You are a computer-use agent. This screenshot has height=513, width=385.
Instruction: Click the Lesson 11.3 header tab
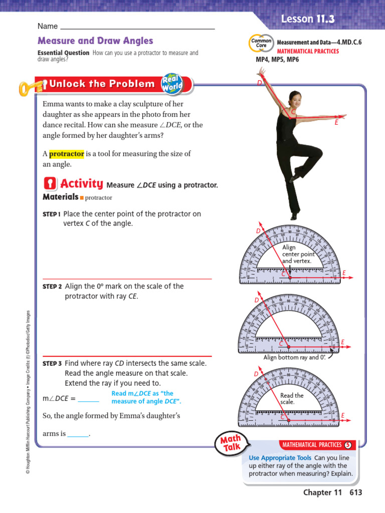[x=307, y=20]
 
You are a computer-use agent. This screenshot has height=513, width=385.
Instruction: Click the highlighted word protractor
[x=66, y=154]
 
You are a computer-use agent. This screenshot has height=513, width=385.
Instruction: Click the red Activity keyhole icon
[x=50, y=183]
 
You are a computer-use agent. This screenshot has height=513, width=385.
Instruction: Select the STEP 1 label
[x=52, y=214]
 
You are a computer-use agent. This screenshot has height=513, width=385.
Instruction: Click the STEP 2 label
[x=52, y=287]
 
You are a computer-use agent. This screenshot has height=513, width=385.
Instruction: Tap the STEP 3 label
[x=52, y=363]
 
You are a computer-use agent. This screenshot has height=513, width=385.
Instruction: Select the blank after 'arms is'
[x=78, y=434]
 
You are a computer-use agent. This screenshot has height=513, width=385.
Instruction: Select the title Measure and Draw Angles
[x=95, y=41]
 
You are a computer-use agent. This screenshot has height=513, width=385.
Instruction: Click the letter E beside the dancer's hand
[x=337, y=122]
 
